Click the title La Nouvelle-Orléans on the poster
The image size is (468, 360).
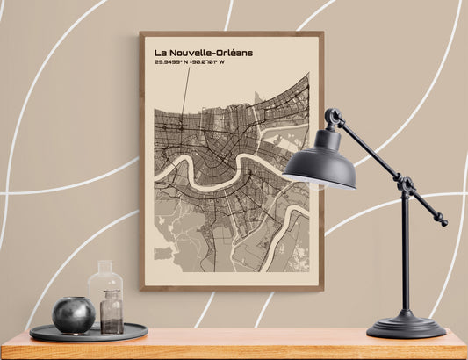203,53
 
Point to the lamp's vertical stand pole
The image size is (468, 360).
405,255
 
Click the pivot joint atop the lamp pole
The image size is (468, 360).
406,185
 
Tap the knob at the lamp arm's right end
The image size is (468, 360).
442,221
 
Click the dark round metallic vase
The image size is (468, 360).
74,314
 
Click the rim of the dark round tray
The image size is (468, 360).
88,337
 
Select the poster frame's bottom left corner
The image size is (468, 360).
141,288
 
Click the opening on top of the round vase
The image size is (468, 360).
73,300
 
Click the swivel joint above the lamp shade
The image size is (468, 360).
332,117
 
